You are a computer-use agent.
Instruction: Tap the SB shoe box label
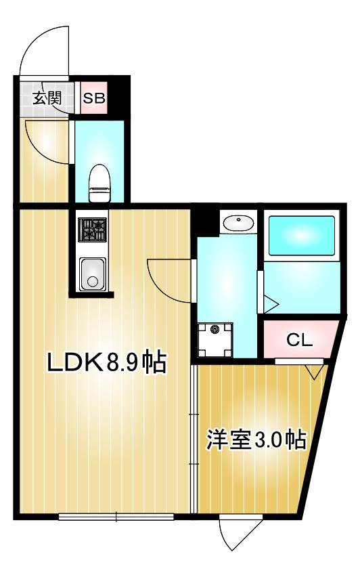[x=94, y=98]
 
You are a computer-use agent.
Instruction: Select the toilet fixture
[x=99, y=181]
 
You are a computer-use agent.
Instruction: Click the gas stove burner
[x=92, y=230]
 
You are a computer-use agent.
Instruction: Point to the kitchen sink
[x=92, y=275]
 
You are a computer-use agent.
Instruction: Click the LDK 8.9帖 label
[x=106, y=363]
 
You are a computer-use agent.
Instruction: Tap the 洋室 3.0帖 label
[x=256, y=440]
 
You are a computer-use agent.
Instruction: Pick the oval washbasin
[x=238, y=222]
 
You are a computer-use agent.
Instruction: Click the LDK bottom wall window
[x=116, y=517]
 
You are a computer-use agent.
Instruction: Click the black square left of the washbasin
[x=207, y=221]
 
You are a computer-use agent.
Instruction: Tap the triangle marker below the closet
[x=313, y=372]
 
